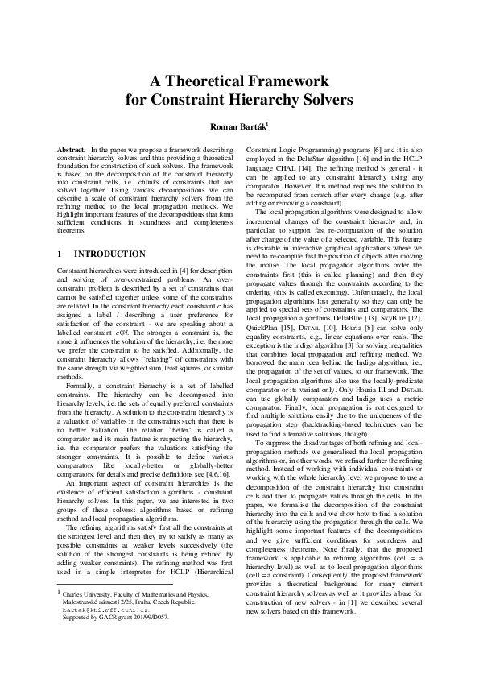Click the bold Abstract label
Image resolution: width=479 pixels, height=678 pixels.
click(x=72, y=151)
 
